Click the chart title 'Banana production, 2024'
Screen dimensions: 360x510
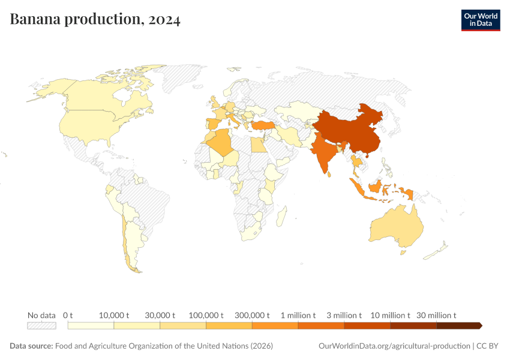coord(95,20)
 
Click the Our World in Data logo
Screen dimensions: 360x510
coord(480,20)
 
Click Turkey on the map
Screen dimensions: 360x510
coord(265,124)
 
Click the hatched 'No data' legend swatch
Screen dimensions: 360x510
coord(41,325)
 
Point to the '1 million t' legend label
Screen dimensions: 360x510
coord(298,315)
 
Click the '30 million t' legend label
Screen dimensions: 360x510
coord(437,315)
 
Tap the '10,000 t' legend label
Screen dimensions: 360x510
coord(113,315)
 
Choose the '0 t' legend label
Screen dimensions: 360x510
coord(68,315)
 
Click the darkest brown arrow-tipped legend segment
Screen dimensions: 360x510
coord(458,325)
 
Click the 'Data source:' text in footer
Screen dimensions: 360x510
coord(31,346)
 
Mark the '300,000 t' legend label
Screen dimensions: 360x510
coord(251,315)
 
